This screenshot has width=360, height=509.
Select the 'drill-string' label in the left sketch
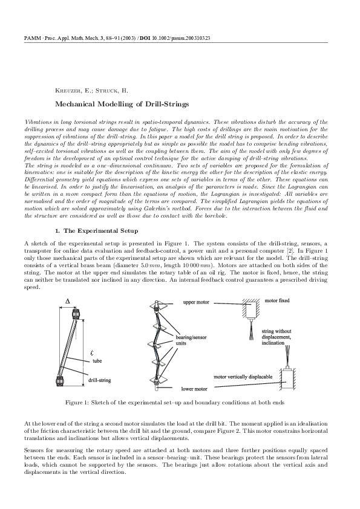pyautogui.click(x=99, y=381)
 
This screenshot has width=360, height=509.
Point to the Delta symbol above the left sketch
pyautogui.click(x=68, y=300)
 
